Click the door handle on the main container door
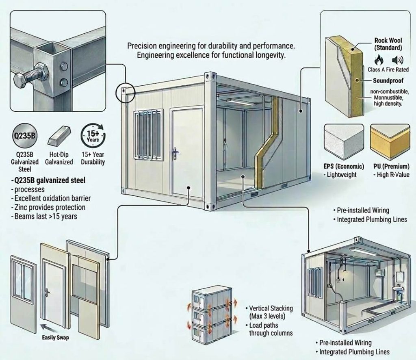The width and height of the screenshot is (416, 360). point(175,153)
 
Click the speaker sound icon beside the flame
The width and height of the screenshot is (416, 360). point(398,60)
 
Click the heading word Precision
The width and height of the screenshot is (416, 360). point(142,46)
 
